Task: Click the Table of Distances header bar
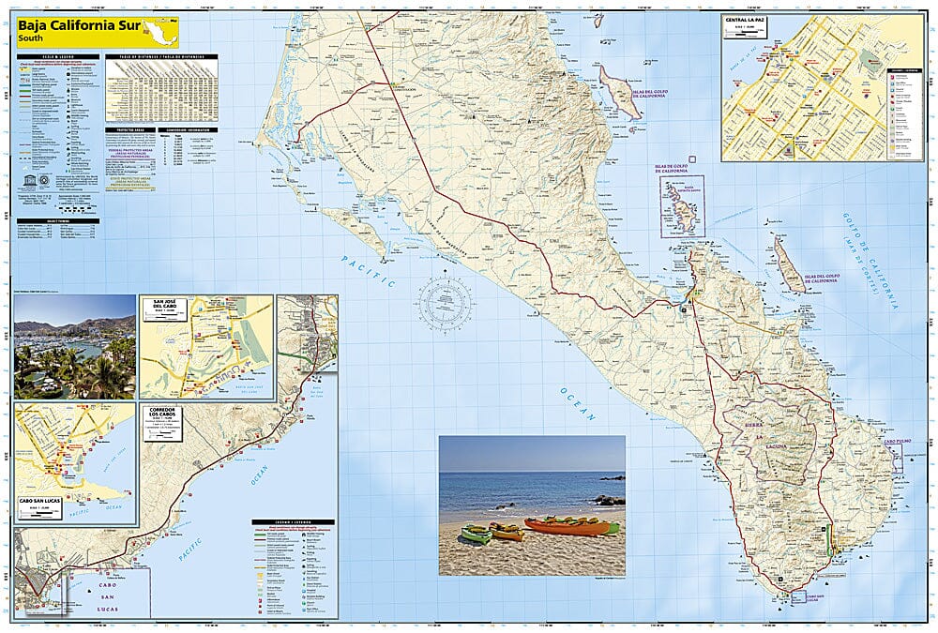162,57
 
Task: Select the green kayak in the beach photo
476,534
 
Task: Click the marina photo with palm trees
75,346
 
